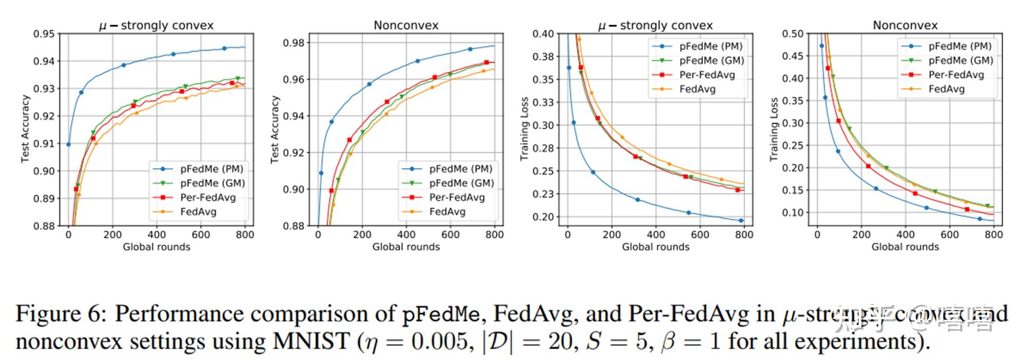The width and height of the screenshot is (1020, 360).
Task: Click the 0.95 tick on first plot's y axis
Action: [44, 34]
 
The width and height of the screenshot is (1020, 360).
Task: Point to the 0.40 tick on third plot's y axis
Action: [543, 34]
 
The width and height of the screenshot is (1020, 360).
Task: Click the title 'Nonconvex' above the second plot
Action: [406, 25]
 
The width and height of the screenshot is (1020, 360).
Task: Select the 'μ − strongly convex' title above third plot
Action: [655, 25]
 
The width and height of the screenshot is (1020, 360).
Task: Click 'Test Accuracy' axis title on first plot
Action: [25, 129]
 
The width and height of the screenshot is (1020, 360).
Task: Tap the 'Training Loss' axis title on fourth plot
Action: [774, 129]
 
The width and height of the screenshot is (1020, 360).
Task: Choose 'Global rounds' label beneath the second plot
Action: [406, 247]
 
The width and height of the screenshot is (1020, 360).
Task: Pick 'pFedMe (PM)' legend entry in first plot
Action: [211, 169]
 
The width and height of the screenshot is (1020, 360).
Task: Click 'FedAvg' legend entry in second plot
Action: [447, 212]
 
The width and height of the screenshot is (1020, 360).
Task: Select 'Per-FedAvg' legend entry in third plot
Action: [707, 75]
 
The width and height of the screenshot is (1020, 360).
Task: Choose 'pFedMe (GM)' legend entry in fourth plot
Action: [960, 60]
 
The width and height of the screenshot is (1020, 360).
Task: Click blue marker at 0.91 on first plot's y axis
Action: [69, 144]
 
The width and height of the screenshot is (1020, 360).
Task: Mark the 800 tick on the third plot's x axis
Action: [744, 234]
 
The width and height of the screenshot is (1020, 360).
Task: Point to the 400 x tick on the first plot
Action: [157, 234]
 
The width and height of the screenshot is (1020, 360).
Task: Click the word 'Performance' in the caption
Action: [186, 314]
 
